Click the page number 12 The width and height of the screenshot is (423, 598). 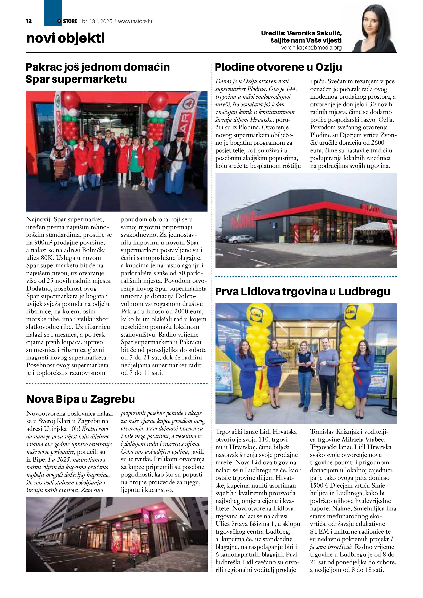tap(29, 21)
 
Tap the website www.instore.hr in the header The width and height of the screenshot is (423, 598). tap(135, 21)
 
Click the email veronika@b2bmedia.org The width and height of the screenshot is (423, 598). tap(311, 48)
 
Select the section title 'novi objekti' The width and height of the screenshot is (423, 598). tap(65, 38)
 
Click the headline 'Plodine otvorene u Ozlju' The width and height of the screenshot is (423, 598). tap(278, 67)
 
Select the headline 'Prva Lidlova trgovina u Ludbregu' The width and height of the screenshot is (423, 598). tap(303, 292)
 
